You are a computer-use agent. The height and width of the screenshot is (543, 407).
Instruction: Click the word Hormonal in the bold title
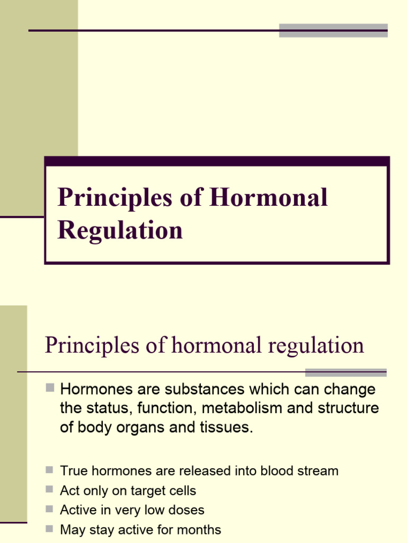pyautogui.click(x=269, y=198)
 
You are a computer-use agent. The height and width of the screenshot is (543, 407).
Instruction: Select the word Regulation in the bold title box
pyautogui.click(x=120, y=230)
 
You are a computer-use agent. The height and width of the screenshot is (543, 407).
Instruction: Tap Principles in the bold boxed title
pyautogui.click(x=115, y=198)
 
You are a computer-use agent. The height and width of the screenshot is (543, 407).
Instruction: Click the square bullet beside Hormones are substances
pyautogui.click(x=50, y=389)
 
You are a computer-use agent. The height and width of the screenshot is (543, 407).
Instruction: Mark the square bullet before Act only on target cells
pyautogui.click(x=50, y=489)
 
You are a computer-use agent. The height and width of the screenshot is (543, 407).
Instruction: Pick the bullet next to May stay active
pyautogui.click(x=50, y=529)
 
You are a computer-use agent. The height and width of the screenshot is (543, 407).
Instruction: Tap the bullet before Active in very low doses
pyautogui.click(x=50, y=509)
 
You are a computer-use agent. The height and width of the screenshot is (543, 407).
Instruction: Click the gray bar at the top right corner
pyautogui.click(x=333, y=30)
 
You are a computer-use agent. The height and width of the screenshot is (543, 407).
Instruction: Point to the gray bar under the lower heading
pyautogui.click(x=346, y=372)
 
